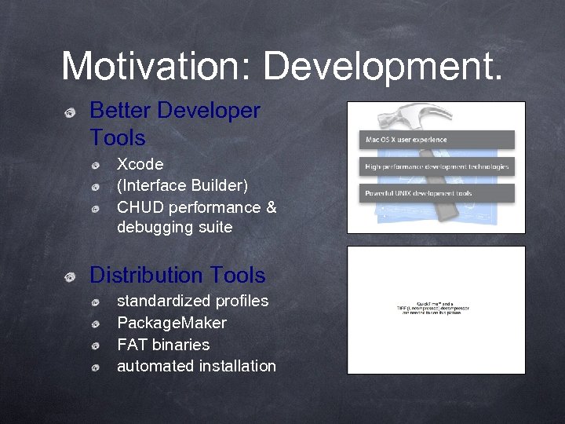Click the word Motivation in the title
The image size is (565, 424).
148,67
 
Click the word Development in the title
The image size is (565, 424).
382,67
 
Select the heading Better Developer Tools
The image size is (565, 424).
174,124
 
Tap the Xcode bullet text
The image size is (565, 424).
140,164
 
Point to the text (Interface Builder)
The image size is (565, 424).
182,185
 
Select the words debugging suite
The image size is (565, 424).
174,228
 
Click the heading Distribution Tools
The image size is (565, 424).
177,276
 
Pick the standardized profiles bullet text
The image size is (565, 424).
192,302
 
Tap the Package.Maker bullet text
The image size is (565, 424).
171,323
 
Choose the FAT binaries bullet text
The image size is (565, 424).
163,345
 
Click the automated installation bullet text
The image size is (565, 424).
196,366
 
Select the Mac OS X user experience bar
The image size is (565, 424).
436,140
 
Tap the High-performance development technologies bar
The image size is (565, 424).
436,166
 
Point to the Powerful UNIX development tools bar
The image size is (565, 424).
436,192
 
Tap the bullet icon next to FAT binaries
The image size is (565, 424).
94,345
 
